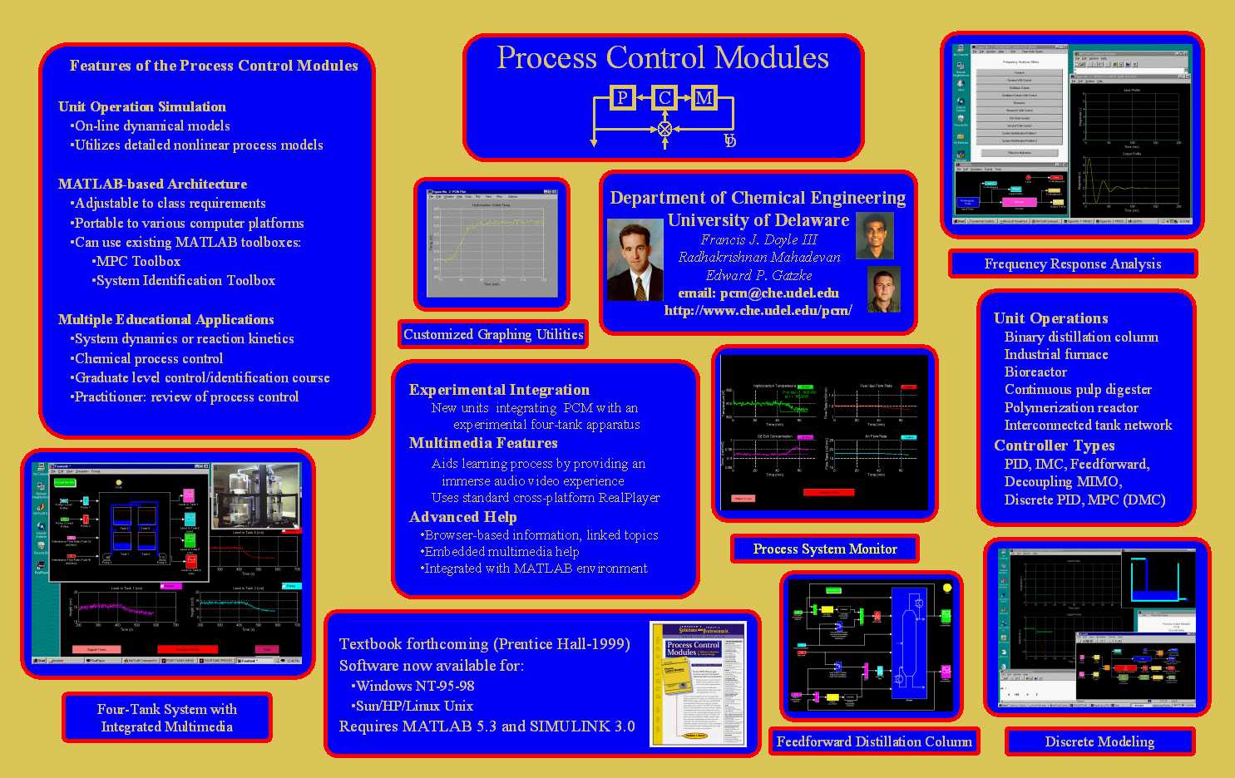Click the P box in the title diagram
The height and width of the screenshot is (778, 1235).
[622, 98]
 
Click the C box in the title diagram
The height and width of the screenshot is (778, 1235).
[664, 98]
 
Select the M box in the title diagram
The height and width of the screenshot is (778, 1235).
[704, 98]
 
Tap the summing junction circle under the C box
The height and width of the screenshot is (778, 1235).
[664, 129]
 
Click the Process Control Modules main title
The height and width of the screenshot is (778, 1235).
[663, 58]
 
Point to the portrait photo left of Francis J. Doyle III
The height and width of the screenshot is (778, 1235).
[635, 259]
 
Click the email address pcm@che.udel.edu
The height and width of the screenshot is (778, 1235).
[758, 293]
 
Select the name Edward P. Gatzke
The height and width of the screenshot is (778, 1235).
[758, 275]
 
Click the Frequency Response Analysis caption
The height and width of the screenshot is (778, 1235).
[1073, 263]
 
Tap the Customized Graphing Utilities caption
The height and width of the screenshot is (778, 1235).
[493, 334]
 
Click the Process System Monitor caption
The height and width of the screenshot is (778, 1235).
[825, 549]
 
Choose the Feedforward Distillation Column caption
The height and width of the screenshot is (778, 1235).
[874, 741]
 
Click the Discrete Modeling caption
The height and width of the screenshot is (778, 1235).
[1099, 741]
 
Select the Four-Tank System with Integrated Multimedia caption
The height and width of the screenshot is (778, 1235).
[167, 717]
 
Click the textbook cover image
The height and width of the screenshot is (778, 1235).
[698, 683]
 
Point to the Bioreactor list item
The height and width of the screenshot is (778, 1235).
[1035, 372]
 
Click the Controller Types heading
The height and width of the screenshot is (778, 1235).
[1054, 446]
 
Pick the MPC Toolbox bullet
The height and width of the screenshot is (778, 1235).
[138, 261]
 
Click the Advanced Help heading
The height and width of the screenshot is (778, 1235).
[462, 517]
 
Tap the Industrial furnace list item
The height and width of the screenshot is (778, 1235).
[1056, 354]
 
